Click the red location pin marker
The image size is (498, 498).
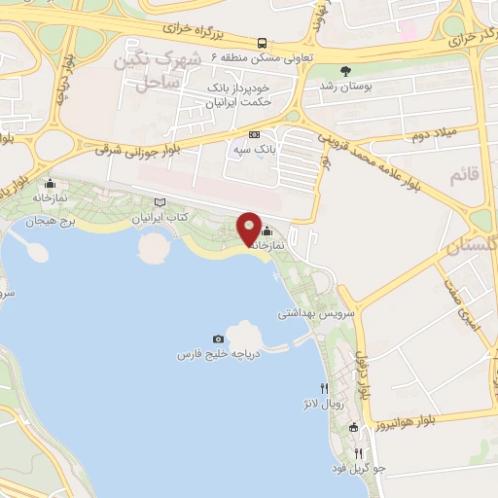click(249, 229)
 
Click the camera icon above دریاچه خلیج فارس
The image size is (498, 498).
click(231, 337)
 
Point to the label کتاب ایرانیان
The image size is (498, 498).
click(160, 218)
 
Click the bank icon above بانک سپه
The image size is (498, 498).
click(255, 134)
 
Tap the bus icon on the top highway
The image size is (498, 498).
click(263, 43)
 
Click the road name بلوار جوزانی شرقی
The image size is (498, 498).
click(146, 147)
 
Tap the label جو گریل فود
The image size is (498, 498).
click(359, 469)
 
